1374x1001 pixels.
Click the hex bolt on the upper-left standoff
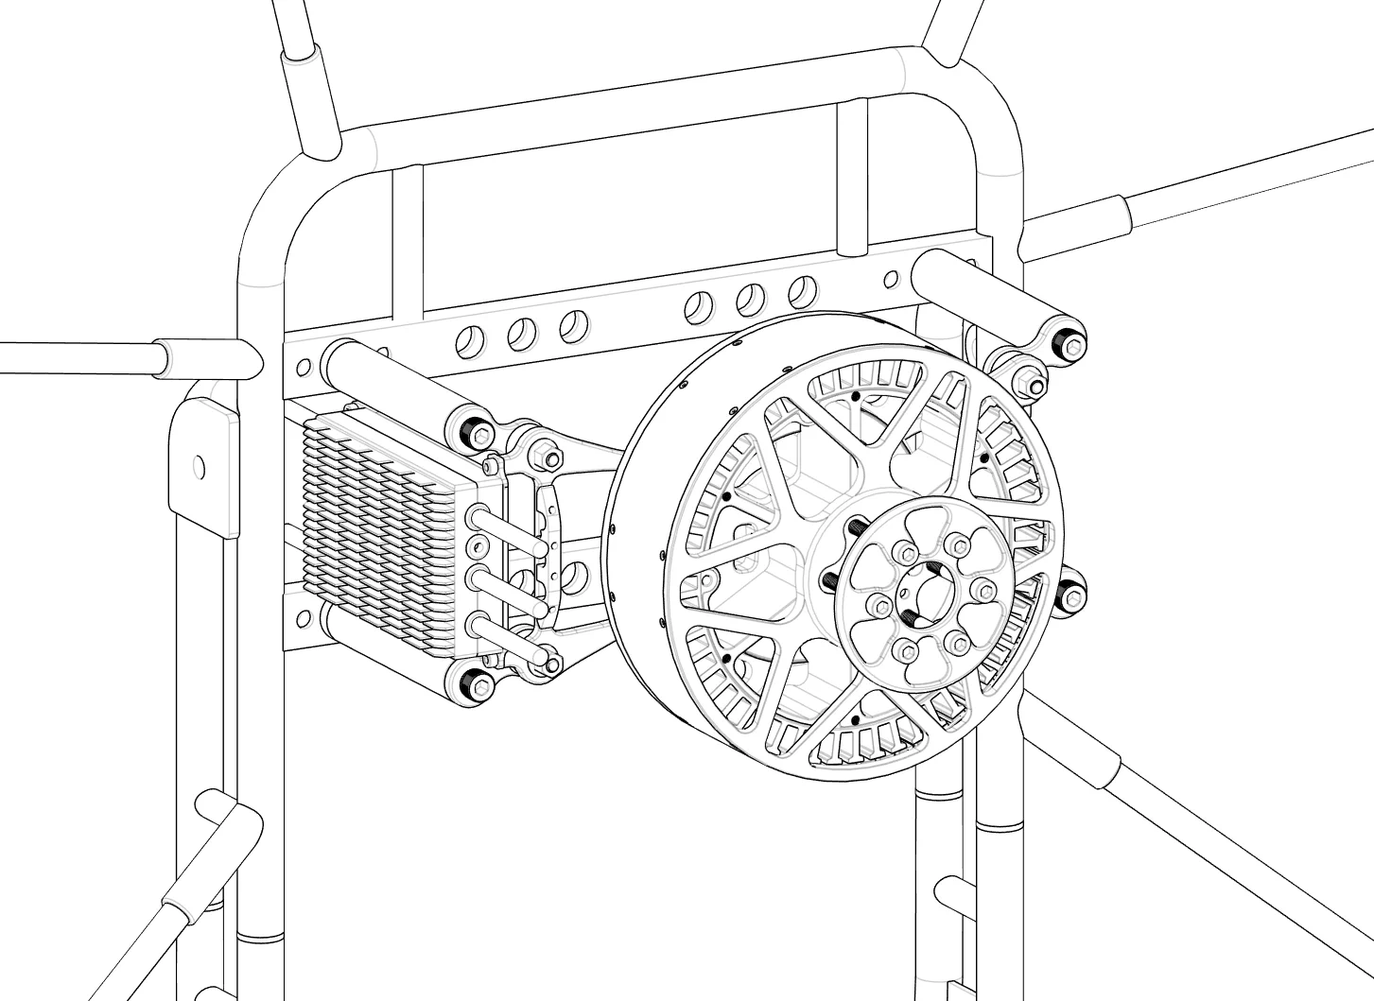click(x=478, y=434)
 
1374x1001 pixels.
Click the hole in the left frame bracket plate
click(x=199, y=466)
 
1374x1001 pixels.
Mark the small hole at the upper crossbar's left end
click(x=303, y=366)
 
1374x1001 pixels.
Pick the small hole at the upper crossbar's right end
click(x=890, y=279)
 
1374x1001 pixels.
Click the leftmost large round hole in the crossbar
click(x=467, y=342)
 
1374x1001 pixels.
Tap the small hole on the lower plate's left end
click(x=303, y=618)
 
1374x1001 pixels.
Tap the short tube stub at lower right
click(x=950, y=893)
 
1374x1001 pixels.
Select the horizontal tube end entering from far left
click(x=76, y=357)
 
